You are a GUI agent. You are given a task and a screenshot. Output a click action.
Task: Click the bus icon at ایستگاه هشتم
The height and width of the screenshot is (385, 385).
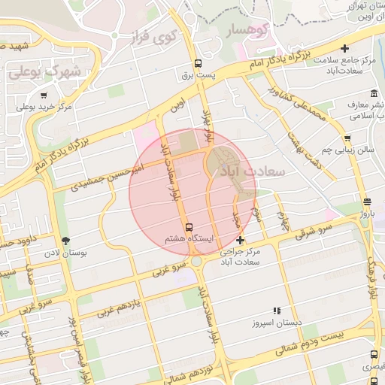point(188,226)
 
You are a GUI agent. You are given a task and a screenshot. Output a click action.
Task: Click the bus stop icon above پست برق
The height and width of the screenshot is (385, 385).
point(198,64)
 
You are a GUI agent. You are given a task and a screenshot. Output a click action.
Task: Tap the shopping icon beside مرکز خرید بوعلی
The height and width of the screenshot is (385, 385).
point(44,95)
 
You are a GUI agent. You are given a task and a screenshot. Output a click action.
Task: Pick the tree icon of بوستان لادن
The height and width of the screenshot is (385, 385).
point(67,241)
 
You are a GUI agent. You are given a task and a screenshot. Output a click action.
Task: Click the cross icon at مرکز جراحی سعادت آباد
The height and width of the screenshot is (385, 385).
point(240,241)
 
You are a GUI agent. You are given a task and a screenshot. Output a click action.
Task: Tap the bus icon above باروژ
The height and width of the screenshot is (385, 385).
point(366,202)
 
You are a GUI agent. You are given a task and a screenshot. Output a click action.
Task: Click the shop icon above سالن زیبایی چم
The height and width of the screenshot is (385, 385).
point(347,138)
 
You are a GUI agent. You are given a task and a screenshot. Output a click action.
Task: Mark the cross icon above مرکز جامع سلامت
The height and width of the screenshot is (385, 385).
point(344,47)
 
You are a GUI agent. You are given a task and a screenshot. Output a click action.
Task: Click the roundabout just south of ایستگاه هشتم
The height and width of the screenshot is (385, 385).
point(196,261)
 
